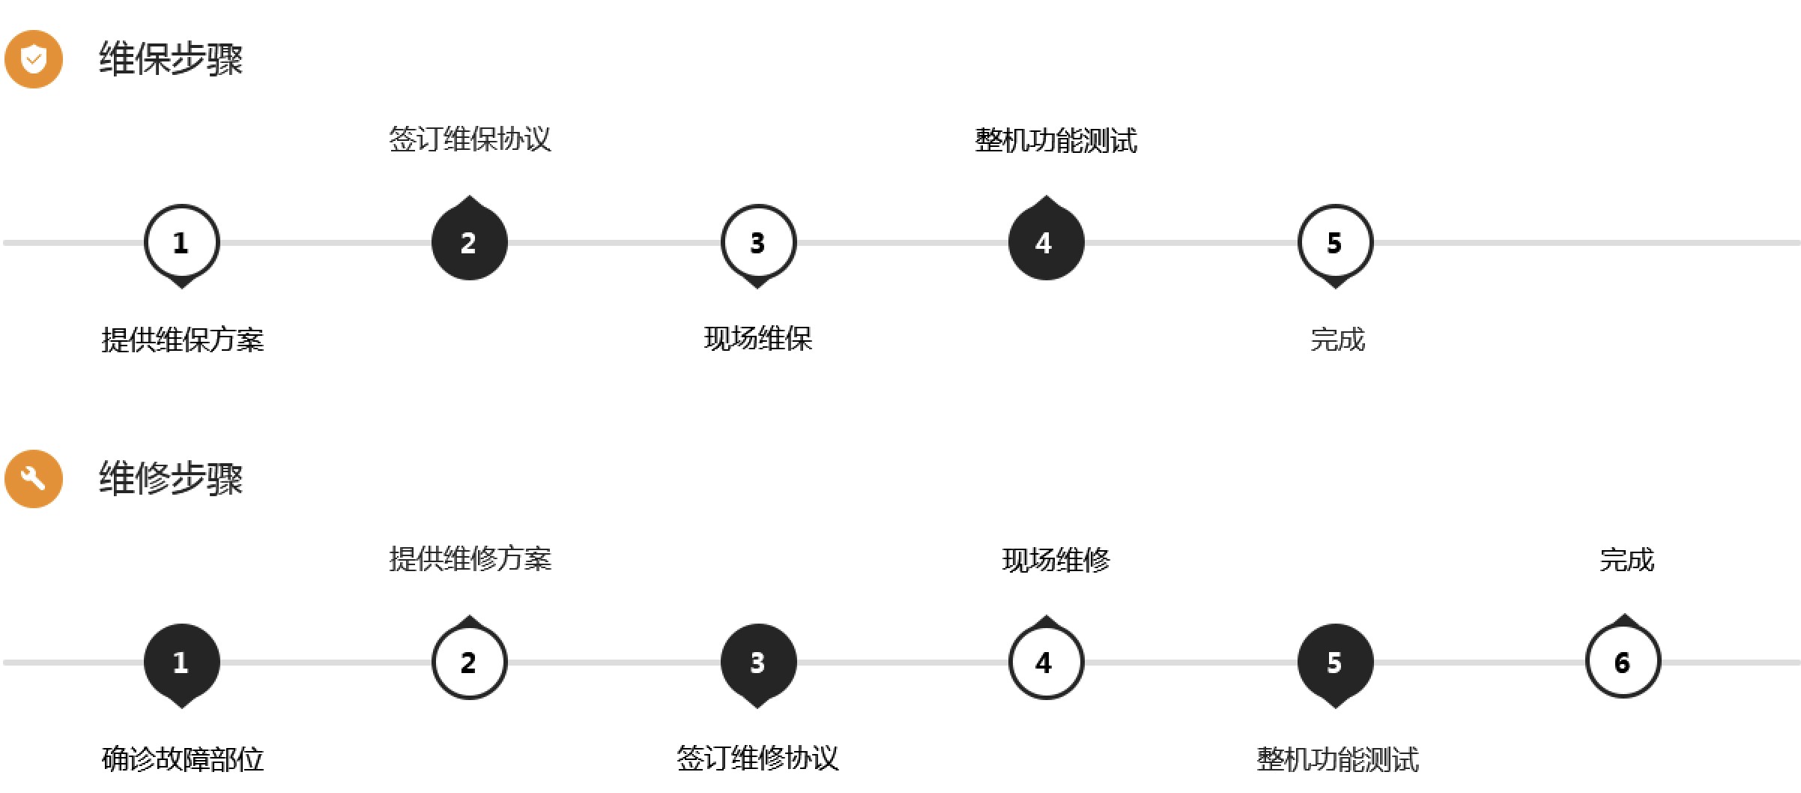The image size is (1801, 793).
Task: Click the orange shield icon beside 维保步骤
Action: pos(34,59)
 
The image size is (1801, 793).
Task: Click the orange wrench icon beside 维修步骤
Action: pos(34,479)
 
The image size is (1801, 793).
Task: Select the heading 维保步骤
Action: pos(171,59)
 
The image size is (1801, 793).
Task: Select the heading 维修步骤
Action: pos(171,479)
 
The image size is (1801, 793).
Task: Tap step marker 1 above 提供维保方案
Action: pos(181,243)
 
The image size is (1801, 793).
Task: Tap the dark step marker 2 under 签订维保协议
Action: pos(470,243)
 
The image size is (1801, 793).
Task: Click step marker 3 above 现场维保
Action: pos(758,243)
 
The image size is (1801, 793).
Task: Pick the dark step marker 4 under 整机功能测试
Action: pos(1046,243)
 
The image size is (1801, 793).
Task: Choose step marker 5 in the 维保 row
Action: pos(1335,243)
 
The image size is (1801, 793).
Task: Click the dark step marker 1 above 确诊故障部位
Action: pos(181,663)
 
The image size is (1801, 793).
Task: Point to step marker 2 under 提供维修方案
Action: pos(470,663)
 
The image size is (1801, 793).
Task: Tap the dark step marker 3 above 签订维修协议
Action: pos(758,663)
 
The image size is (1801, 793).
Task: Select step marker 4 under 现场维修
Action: pos(1046,663)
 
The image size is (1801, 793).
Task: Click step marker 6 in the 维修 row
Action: pos(1623,663)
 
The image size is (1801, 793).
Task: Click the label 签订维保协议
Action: pos(470,139)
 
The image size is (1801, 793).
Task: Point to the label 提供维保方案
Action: pos(183,340)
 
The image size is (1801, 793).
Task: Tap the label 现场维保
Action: pos(758,339)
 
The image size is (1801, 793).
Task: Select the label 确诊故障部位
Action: pos(183,759)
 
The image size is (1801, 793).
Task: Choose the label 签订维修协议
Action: pos(758,758)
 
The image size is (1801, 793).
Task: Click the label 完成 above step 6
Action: pos(1626,560)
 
